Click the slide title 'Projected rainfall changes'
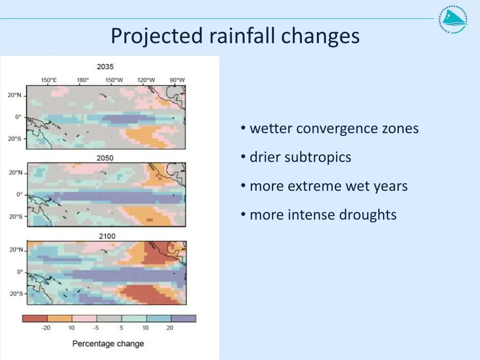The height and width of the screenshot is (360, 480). point(235,36)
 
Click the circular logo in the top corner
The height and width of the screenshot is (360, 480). point(453,20)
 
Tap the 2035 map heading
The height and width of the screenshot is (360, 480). point(105,67)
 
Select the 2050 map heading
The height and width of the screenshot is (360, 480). point(105,158)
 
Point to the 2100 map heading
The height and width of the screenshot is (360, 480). point(107,236)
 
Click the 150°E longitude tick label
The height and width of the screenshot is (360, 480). point(49,80)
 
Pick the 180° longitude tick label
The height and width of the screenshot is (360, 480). point(83,80)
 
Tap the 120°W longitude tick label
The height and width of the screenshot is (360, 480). point(146,80)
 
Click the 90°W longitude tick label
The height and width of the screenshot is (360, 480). point(177,80)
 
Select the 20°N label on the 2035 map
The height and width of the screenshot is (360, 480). point(15,95)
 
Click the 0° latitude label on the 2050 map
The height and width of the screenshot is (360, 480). point(19,194)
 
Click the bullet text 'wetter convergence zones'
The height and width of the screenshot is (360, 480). point(334,128)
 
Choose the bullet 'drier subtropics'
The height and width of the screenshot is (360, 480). point(300,157)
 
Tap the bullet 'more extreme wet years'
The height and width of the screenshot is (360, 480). point(328,186)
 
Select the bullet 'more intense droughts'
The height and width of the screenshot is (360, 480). point(323,215)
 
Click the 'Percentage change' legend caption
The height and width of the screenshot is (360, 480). point(108,344)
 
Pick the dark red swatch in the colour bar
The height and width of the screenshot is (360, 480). point(35,319)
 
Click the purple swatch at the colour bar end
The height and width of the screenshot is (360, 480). point(183,319)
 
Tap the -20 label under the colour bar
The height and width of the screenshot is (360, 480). point(45,328)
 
